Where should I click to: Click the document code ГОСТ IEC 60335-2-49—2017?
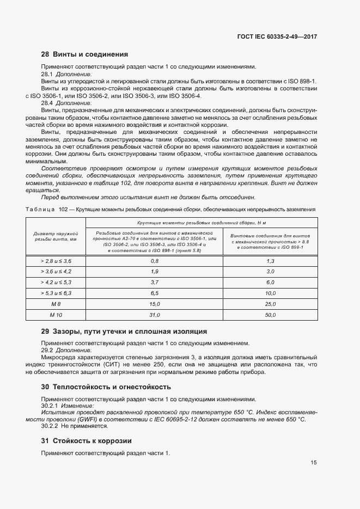click(277, 37)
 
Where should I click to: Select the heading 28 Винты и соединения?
click(84, 54)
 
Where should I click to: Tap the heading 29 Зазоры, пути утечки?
click(124, 331)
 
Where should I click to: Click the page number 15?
click(314, 463)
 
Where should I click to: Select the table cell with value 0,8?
click(154, 261)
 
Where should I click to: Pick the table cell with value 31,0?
click(154, 315)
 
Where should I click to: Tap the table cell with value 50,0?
click(271, 315)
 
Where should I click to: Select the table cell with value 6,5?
click(154, 293)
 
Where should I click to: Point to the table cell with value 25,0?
click(271, 304)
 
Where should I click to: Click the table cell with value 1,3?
click(271, 261)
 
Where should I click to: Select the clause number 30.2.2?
click(50, 427)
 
